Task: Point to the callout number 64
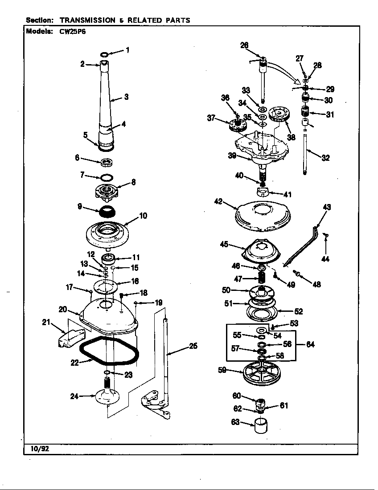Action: click(x=310, y=344)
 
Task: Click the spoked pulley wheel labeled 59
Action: click(x=263, y=373)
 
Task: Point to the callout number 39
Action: click(x=232, y=155)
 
